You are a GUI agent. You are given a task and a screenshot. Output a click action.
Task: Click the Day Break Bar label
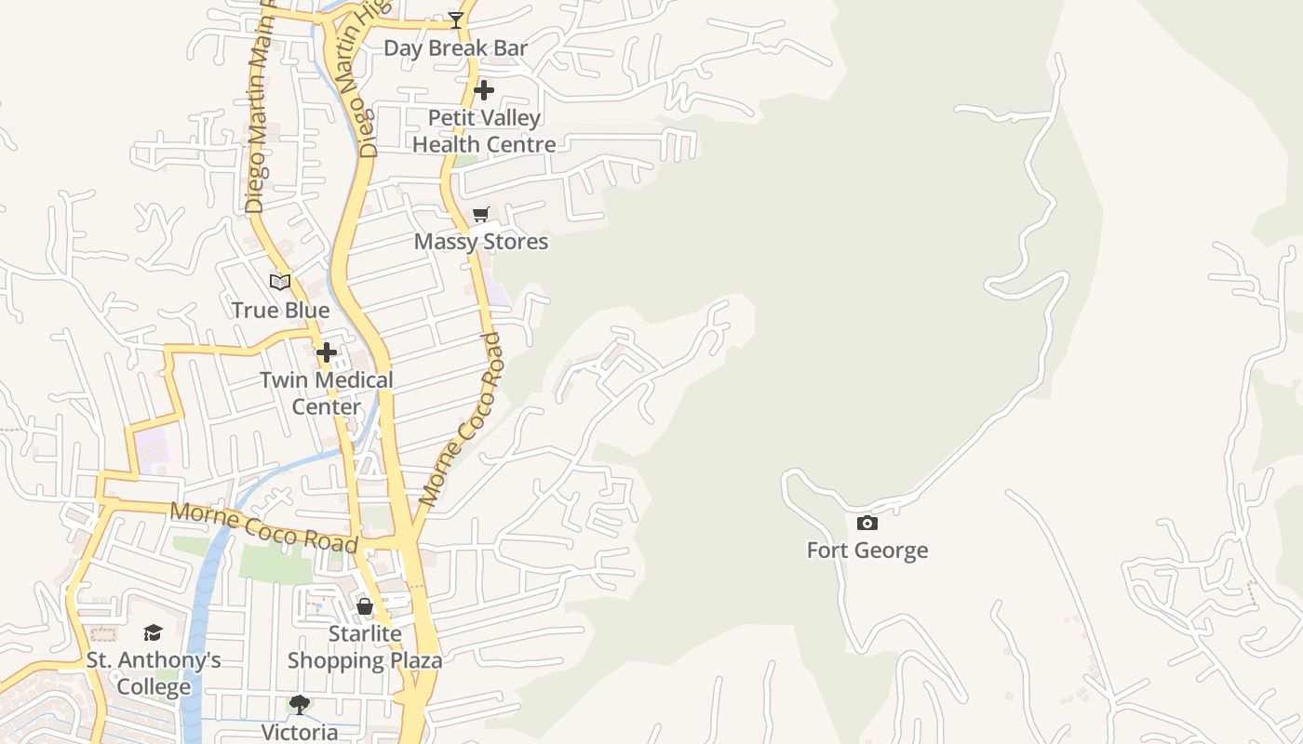[x=455, y=48]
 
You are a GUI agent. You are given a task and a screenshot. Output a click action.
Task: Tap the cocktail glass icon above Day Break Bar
[x=456, y=20]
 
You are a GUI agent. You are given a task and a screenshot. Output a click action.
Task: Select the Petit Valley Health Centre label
[x=484, y=131]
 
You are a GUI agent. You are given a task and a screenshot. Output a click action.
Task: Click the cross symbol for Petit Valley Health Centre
[x=484, y=90]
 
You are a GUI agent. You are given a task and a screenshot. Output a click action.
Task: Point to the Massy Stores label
[x=481, y=242]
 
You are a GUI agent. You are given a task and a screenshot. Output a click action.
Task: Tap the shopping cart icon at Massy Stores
[x=481, y=215]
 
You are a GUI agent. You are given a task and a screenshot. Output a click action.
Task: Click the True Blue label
[x=280, y=311]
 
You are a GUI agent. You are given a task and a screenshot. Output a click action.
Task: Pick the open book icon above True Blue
[x=280, y=282]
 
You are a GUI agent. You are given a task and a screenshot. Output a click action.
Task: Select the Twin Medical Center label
[x=326, y=392]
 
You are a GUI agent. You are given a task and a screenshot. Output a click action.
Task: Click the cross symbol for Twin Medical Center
[x=327, y=352]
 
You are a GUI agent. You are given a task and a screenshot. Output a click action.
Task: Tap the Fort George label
[x=866, y=551]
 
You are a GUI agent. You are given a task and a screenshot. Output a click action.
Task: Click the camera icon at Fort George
[x=867, y=523]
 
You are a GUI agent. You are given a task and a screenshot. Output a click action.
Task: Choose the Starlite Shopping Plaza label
[x=364, y=647]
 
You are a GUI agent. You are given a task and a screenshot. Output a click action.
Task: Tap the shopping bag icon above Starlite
[x=365, y=607]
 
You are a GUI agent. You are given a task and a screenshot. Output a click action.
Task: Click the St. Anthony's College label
[x=154, y=673]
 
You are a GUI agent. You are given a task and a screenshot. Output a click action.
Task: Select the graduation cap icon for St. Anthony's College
[x=154, y=633]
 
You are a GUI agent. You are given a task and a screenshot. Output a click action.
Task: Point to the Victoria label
[x=300, y=732]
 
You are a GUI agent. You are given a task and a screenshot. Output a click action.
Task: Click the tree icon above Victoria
[x=300, y=704]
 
